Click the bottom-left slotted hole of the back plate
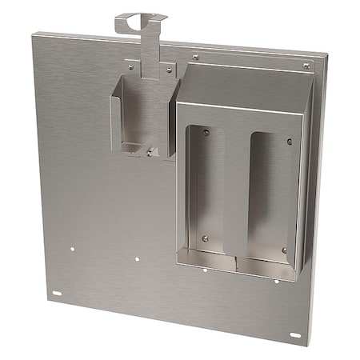57,293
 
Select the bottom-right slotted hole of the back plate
294,335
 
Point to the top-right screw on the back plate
306,66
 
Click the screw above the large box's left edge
196,58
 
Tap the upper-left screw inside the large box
206,133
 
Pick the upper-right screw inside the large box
290,142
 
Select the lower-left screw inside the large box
205,238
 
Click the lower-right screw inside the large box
284,250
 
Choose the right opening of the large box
272,196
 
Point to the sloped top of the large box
243,85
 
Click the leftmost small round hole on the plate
72,248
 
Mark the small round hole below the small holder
137,258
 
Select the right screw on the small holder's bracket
169,70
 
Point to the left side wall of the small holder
116,120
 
